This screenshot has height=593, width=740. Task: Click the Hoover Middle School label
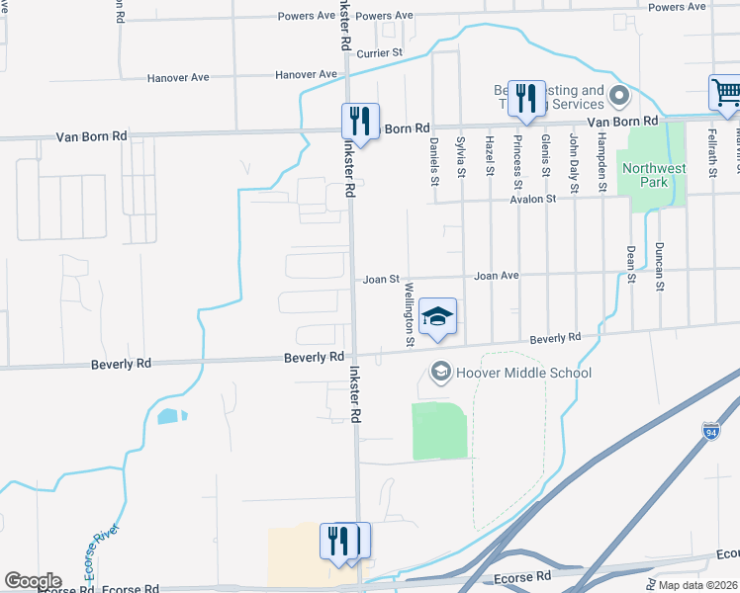522,373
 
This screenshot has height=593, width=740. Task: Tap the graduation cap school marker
437,317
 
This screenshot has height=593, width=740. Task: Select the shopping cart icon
725,94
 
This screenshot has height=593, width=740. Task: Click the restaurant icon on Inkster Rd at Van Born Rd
358,122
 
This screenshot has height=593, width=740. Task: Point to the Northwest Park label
653,175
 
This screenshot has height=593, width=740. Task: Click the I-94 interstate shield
710,431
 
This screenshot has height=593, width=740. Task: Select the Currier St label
381,52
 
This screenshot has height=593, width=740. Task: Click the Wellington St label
409,314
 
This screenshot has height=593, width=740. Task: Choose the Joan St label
380,280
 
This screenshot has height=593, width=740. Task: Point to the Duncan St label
659,267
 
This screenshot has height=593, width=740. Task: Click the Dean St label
630,264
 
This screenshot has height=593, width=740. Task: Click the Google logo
33,581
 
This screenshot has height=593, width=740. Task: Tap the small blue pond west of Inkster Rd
170,416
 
